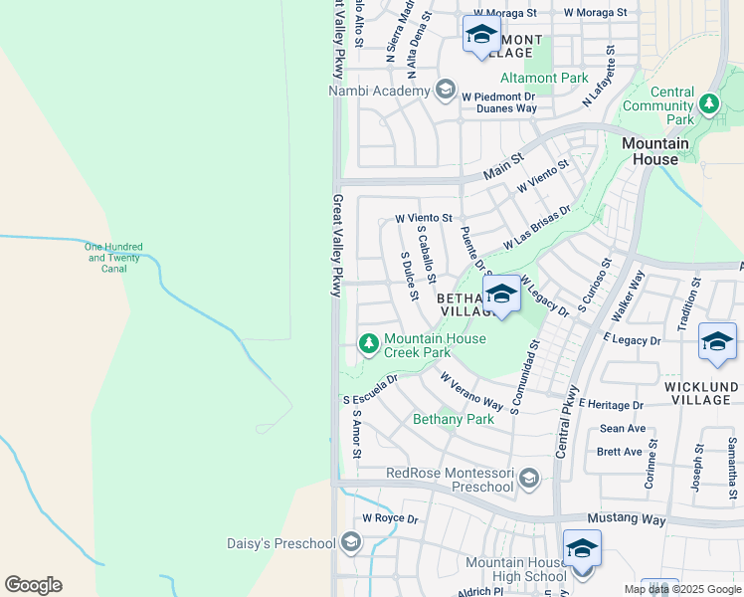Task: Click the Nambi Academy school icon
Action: click(x=445, y=91)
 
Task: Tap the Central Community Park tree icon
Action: click(x=708, y=102)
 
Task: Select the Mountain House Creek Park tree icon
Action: click(x=368, y=344)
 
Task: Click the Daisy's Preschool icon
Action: click(x=349, y=542)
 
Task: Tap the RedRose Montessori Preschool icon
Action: click(x=529, y=480)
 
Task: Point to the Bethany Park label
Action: click(x=454, y=419)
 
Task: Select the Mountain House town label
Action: click(x=655, y=151)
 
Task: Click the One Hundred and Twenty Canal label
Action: click(x=114, y=258)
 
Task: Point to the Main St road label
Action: click(x=503, y=166)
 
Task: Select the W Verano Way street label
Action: click(x=471, y=392)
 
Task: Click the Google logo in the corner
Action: click(x=33, y=584)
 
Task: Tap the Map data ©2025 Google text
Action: click(x=681, y=589)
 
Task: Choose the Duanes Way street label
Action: click(x=505, y=108)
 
